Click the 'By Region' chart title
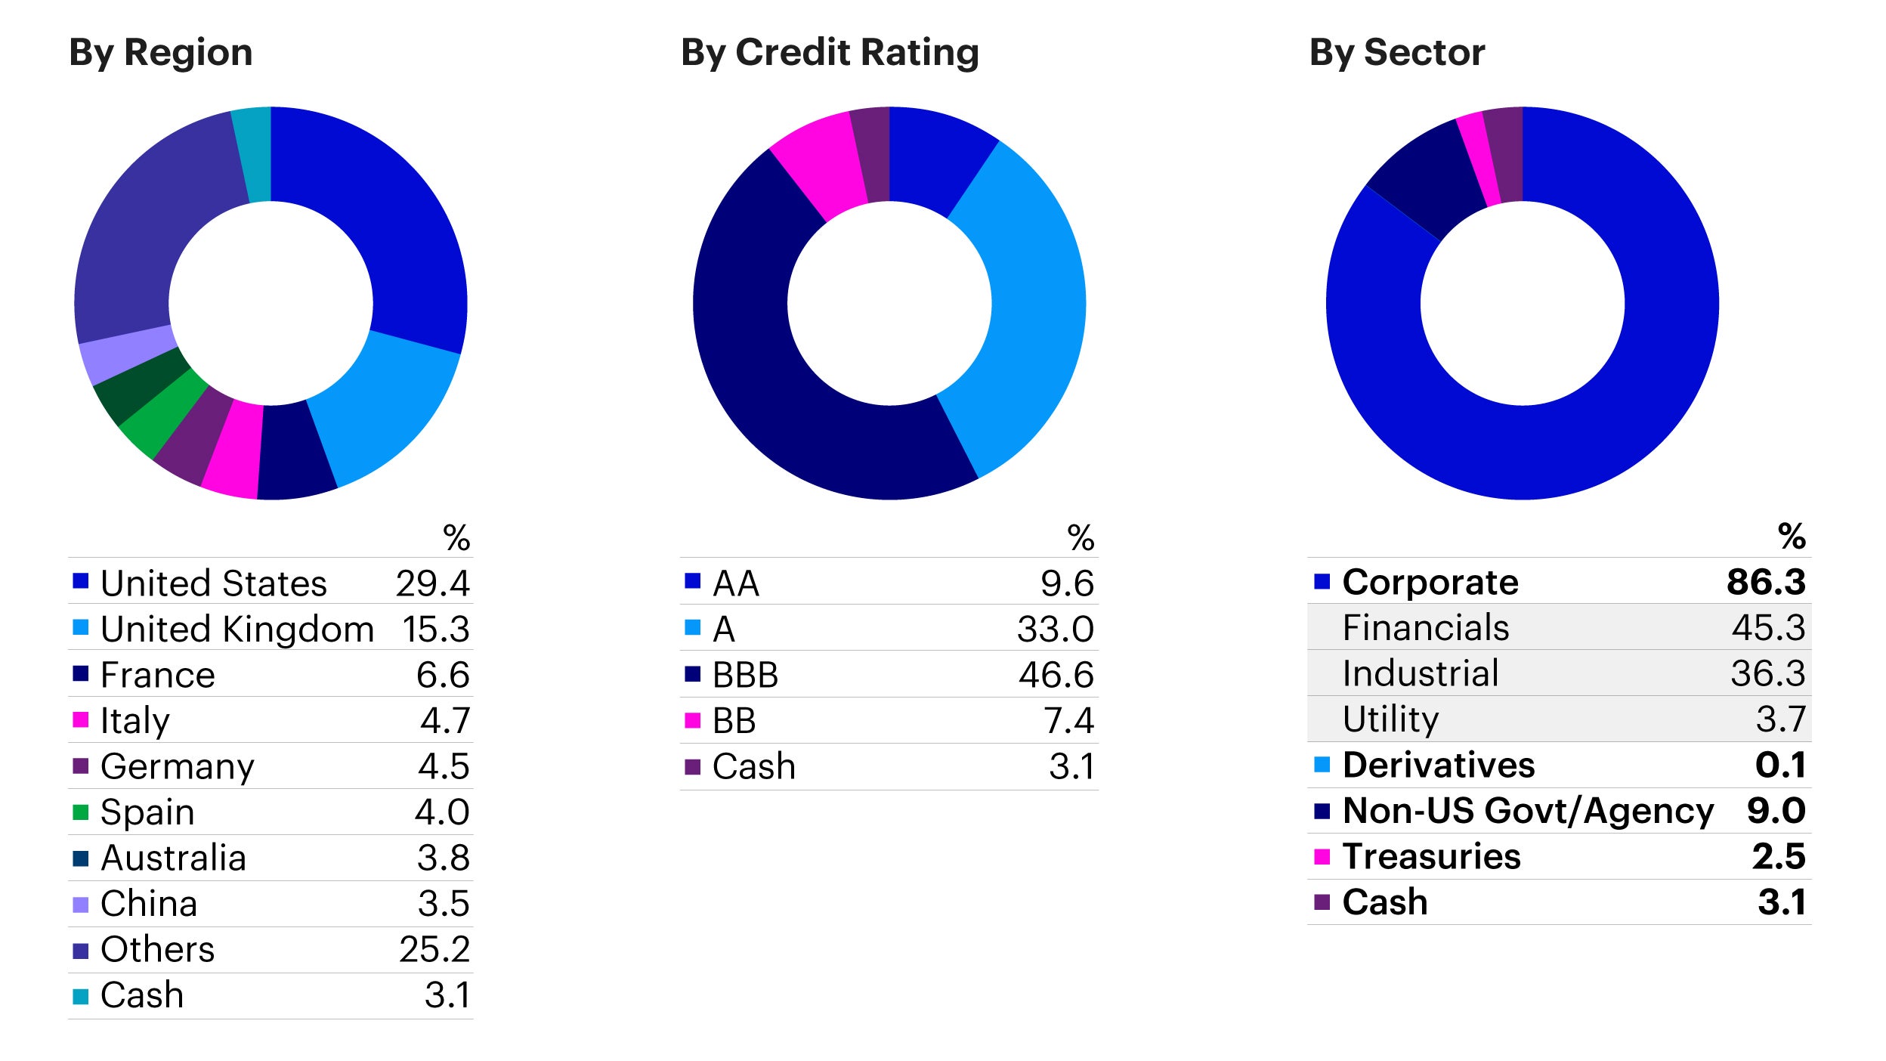tap(160, 53)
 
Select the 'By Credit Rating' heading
tap(829, 53)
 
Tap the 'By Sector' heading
tap(1396, 53)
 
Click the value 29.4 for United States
tap(432, 583)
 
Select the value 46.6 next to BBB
tap(1056, 675)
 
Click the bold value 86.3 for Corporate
tap(1766, 583)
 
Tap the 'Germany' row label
tap(178, 766)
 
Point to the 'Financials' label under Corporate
tap(1425, 628)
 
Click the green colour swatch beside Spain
tap(81, 812)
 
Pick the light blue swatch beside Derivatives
tap(1322, 765)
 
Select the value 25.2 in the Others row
tap(434, 949)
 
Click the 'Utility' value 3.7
tap(1780, 719)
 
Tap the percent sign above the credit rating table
tap(1081, 538)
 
